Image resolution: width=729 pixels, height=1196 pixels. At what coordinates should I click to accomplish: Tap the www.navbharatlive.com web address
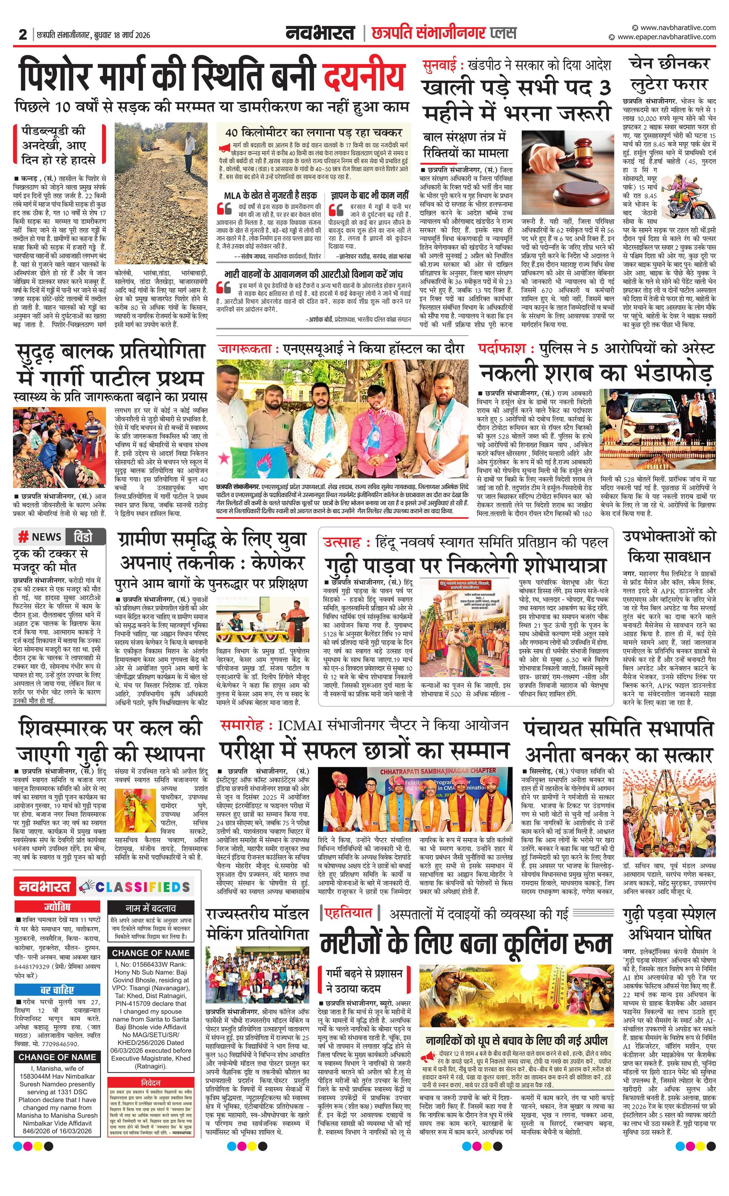click(x=678, y=28)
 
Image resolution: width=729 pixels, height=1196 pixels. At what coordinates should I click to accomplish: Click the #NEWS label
click(x=40, y=537)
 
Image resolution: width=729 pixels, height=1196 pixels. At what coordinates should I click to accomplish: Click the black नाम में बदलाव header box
click(x=151, y=908)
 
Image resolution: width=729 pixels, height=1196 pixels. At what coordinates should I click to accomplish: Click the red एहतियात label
click(x=349, y=913)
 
